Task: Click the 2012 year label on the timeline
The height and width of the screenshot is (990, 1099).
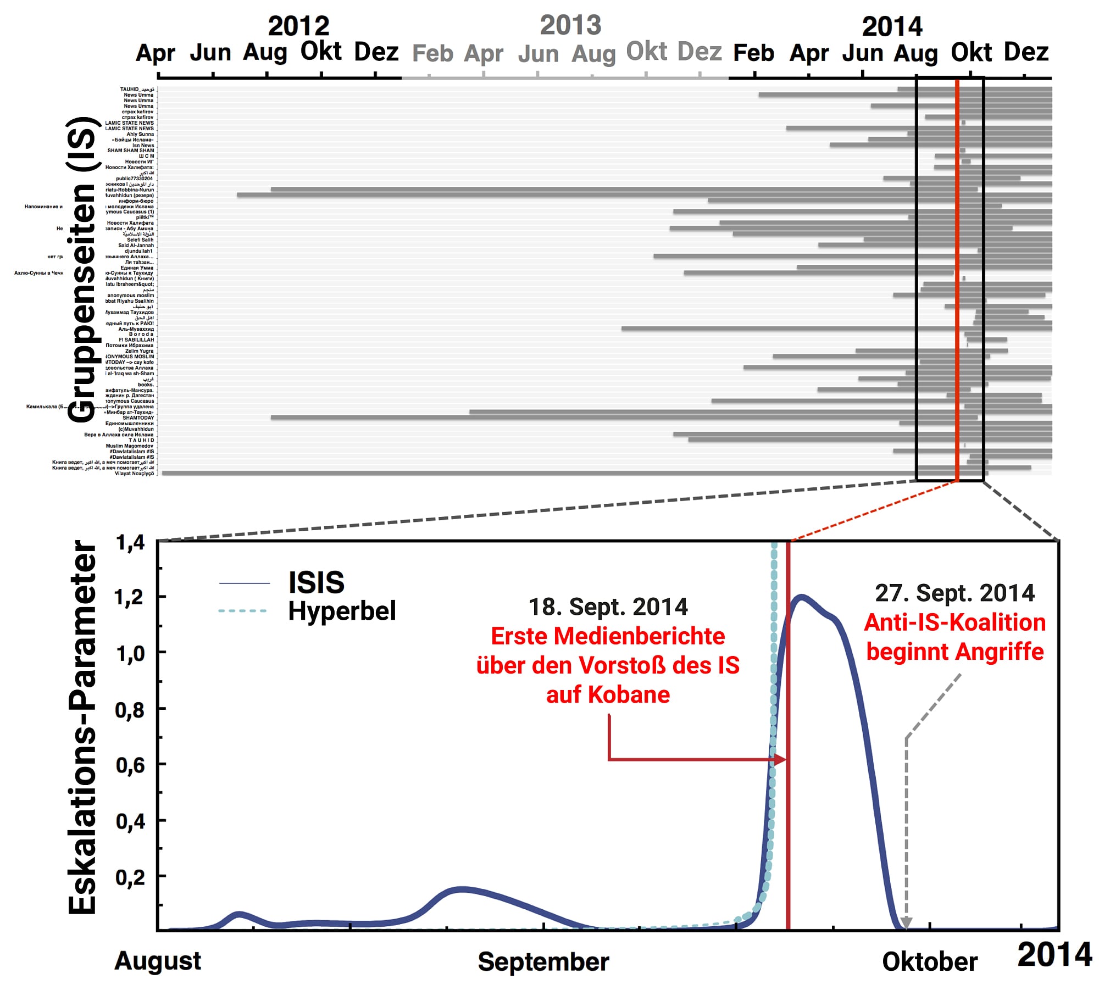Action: pos(298,26)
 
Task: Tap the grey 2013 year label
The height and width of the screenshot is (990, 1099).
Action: pos(570,25)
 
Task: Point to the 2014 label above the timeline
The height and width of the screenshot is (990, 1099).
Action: pos(892,26)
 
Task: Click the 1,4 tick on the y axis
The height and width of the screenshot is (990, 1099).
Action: pos(130,543)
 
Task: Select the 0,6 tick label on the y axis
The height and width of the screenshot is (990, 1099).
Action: pos(130,765)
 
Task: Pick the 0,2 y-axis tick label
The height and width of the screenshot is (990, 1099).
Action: pos(130,877)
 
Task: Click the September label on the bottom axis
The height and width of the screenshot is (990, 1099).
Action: pos(543,961)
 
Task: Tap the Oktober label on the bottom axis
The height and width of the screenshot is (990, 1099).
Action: pos(929,961)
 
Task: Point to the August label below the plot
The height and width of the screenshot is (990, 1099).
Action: pos(158,961)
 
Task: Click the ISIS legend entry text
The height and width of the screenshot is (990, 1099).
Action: pos(317,582)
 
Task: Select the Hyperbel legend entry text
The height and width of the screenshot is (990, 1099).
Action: pos(342,611)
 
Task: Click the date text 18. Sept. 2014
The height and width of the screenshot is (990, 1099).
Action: pos(608,607)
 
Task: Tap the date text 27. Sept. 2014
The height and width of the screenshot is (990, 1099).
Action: pos(954,593)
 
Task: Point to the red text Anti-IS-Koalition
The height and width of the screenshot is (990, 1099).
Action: pos(954,622)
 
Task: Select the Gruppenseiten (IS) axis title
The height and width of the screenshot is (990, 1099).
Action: pos(82,269)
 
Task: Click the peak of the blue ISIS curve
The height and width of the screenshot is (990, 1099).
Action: pos(801,597)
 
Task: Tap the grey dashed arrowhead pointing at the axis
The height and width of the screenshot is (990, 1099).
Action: pos(906,923)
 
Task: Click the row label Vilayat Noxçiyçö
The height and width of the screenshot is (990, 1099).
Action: pos(134,474)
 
